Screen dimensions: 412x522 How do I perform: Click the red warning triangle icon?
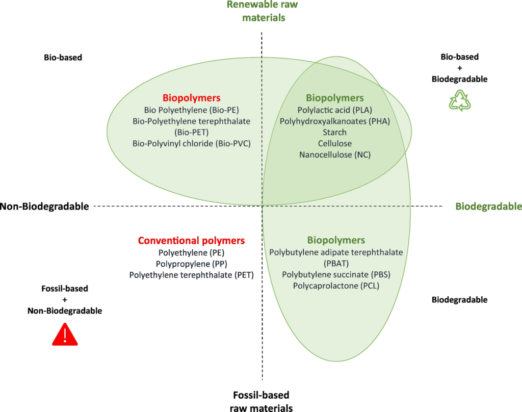pos(65,336)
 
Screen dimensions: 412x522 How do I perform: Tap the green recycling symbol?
pos(459,100)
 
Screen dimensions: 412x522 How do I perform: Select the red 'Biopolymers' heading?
pos(191,97)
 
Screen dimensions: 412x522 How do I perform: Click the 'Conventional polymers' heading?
pos(191,241)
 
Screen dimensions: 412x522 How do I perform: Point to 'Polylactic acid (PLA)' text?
pos(335,110)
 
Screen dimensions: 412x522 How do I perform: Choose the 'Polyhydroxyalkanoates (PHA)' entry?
pos(335,121)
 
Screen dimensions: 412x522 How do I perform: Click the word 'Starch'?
pos(335,132)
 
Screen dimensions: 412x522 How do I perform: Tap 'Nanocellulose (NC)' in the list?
pos(335,154)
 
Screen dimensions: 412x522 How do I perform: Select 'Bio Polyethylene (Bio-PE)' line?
pos(191,110)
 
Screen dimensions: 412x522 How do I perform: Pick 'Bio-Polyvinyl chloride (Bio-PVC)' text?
pos(191,143)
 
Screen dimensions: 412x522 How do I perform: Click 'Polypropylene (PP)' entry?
pos(191,264)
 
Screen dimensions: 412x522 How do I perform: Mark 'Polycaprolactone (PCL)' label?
pos(336,286)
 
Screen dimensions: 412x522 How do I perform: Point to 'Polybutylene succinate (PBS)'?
pos(336,274)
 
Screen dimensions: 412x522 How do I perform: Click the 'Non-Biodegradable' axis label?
pos(45,207)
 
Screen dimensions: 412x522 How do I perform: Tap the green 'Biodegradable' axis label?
pos(488,207)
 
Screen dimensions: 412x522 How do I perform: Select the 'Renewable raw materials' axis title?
pos(262,11)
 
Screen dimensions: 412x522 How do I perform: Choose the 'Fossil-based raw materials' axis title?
pos(262,401)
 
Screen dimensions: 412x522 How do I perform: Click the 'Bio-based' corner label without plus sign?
pos(63,58)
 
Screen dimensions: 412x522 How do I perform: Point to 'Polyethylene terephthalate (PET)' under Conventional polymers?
pos(191,275)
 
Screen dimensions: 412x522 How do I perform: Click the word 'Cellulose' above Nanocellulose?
pos(335,143)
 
